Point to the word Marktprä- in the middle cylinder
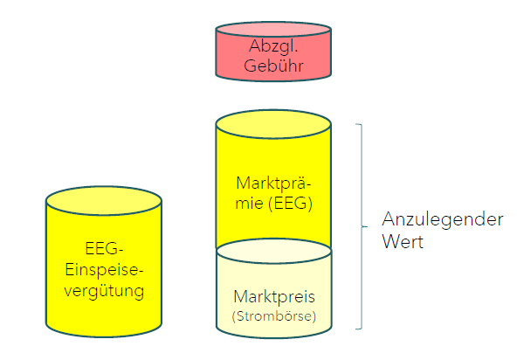pyautogui.click(x=273, y=183)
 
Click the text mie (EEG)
pyautogui.click(x=273, y=204)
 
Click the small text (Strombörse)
pyautogui.click(x=273, y=312)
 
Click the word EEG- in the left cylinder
pyautogui.click(x=103, y=247)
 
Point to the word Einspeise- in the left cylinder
pyautogui.click(x=103, y=267)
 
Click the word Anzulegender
pyautogui.click(x=443, y=219)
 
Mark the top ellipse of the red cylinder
pyautogui.click(x=273, y=30)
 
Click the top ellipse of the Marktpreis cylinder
pyautogui.click(x=273, y=252)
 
